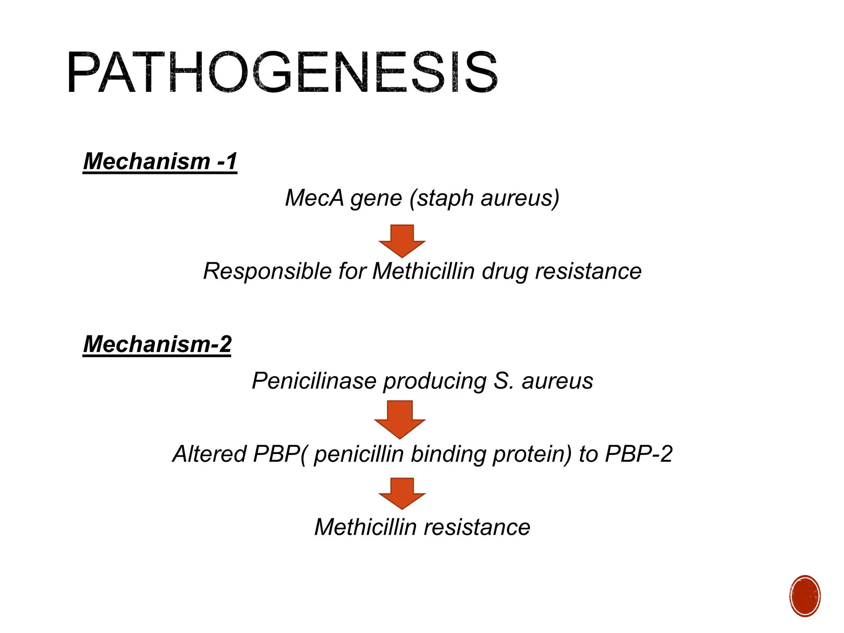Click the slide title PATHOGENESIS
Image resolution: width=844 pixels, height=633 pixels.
(282, 73)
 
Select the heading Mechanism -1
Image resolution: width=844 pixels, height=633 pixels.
(160, 161)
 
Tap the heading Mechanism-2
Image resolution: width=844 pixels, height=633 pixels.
(157, 344)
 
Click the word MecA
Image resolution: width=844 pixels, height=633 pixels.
(314, 198)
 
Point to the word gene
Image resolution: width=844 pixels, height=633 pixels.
(376, 199)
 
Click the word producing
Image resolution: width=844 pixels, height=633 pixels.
(435, 381)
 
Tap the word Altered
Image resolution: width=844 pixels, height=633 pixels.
(209, 454)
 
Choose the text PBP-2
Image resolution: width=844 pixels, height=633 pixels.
(638, 454)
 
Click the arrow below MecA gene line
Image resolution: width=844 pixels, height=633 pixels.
(402, 240)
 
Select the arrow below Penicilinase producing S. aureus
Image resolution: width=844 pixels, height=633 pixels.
(400, 419)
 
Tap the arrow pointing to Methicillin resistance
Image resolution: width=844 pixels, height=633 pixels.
(402, 493)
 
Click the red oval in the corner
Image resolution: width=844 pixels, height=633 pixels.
(805, 596)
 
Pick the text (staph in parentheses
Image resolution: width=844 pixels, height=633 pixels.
(441, 199)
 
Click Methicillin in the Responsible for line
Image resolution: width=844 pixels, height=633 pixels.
(424, 272)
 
